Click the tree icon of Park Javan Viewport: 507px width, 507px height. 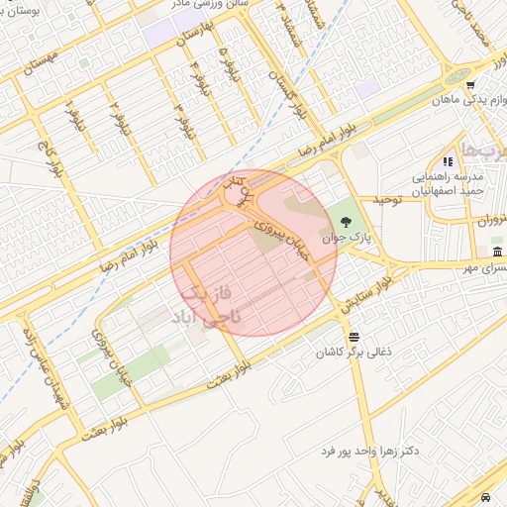point(344,221)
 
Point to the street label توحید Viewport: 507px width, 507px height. point(385,200)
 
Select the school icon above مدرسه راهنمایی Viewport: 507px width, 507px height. point(448,160)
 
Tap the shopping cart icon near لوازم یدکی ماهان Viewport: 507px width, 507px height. point(470,85)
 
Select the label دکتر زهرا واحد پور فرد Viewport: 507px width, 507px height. point(369,451)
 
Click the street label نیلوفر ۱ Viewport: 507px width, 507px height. point(74,118)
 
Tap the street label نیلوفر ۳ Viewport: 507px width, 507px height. point(181,118)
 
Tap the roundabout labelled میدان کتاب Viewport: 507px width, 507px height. point(238,196)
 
